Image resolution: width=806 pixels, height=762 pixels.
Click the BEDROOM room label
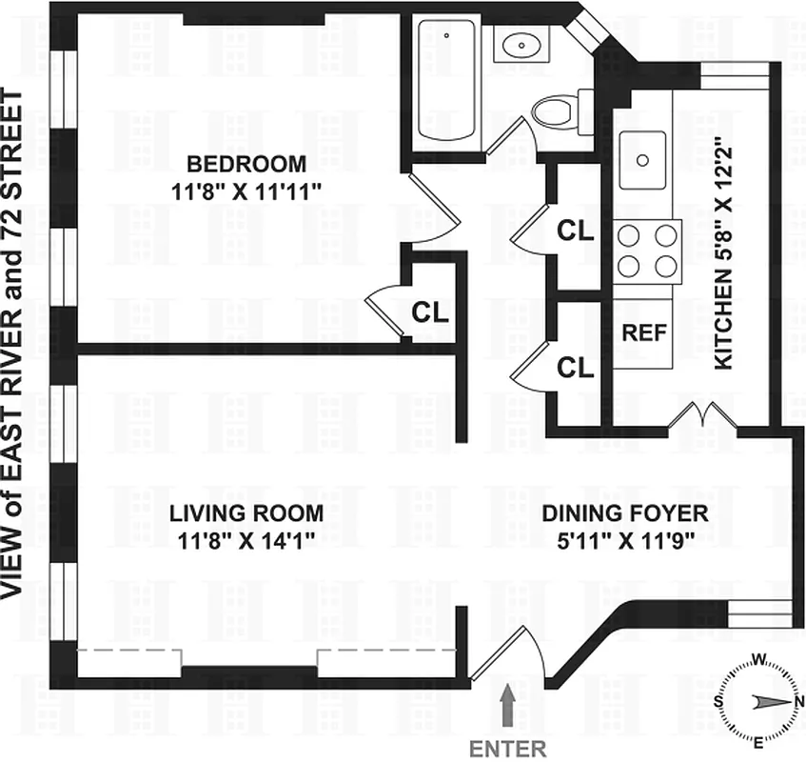246,162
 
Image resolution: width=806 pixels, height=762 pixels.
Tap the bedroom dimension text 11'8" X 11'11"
246,190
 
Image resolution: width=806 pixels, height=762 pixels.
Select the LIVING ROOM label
246,513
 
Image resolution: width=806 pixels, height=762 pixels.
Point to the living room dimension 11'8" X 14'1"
246,540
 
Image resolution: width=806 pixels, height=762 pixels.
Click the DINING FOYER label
625,513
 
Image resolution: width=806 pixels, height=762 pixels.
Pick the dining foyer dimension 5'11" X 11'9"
625,540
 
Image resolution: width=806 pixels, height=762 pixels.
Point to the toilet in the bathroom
557,111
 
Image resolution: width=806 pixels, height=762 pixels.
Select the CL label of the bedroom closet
430,311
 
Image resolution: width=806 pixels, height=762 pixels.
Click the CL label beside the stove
575,231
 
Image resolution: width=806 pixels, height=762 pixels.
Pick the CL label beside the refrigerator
575,368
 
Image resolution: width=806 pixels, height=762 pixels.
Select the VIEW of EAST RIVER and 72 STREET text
17,343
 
